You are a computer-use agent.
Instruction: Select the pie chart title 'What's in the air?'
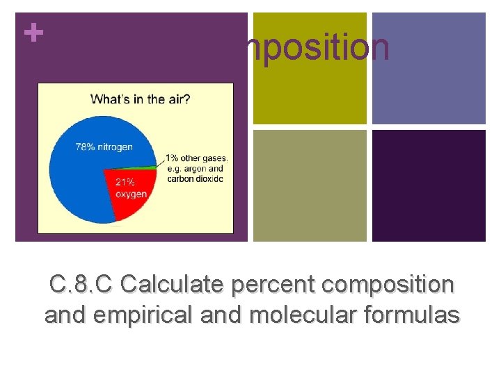(140, 99)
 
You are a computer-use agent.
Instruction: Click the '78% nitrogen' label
(104, 147)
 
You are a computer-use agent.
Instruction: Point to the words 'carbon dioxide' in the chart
(196, 178)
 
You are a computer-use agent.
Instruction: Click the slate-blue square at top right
(429, 68)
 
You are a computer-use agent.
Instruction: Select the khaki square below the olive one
(309, 186)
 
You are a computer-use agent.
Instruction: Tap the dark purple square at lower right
(429, 186)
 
